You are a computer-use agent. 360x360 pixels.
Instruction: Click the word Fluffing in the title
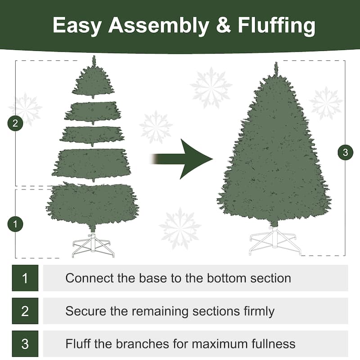click(270, 26)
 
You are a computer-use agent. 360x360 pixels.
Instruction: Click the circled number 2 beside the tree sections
click(15, 124)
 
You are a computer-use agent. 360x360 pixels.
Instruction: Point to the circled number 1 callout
click(15, 224)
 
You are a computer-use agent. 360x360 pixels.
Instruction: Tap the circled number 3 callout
click(345, 153)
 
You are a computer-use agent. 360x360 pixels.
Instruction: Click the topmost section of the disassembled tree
click(93, 81)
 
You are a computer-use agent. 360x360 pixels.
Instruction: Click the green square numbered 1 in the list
click(25, 278)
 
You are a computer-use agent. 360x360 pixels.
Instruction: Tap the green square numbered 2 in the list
click(25, 311)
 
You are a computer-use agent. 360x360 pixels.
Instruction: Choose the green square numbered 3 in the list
click(25, 344)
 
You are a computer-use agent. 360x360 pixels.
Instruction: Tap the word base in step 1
click(153, 278)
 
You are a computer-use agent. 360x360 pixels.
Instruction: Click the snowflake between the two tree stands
click(180, 228)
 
